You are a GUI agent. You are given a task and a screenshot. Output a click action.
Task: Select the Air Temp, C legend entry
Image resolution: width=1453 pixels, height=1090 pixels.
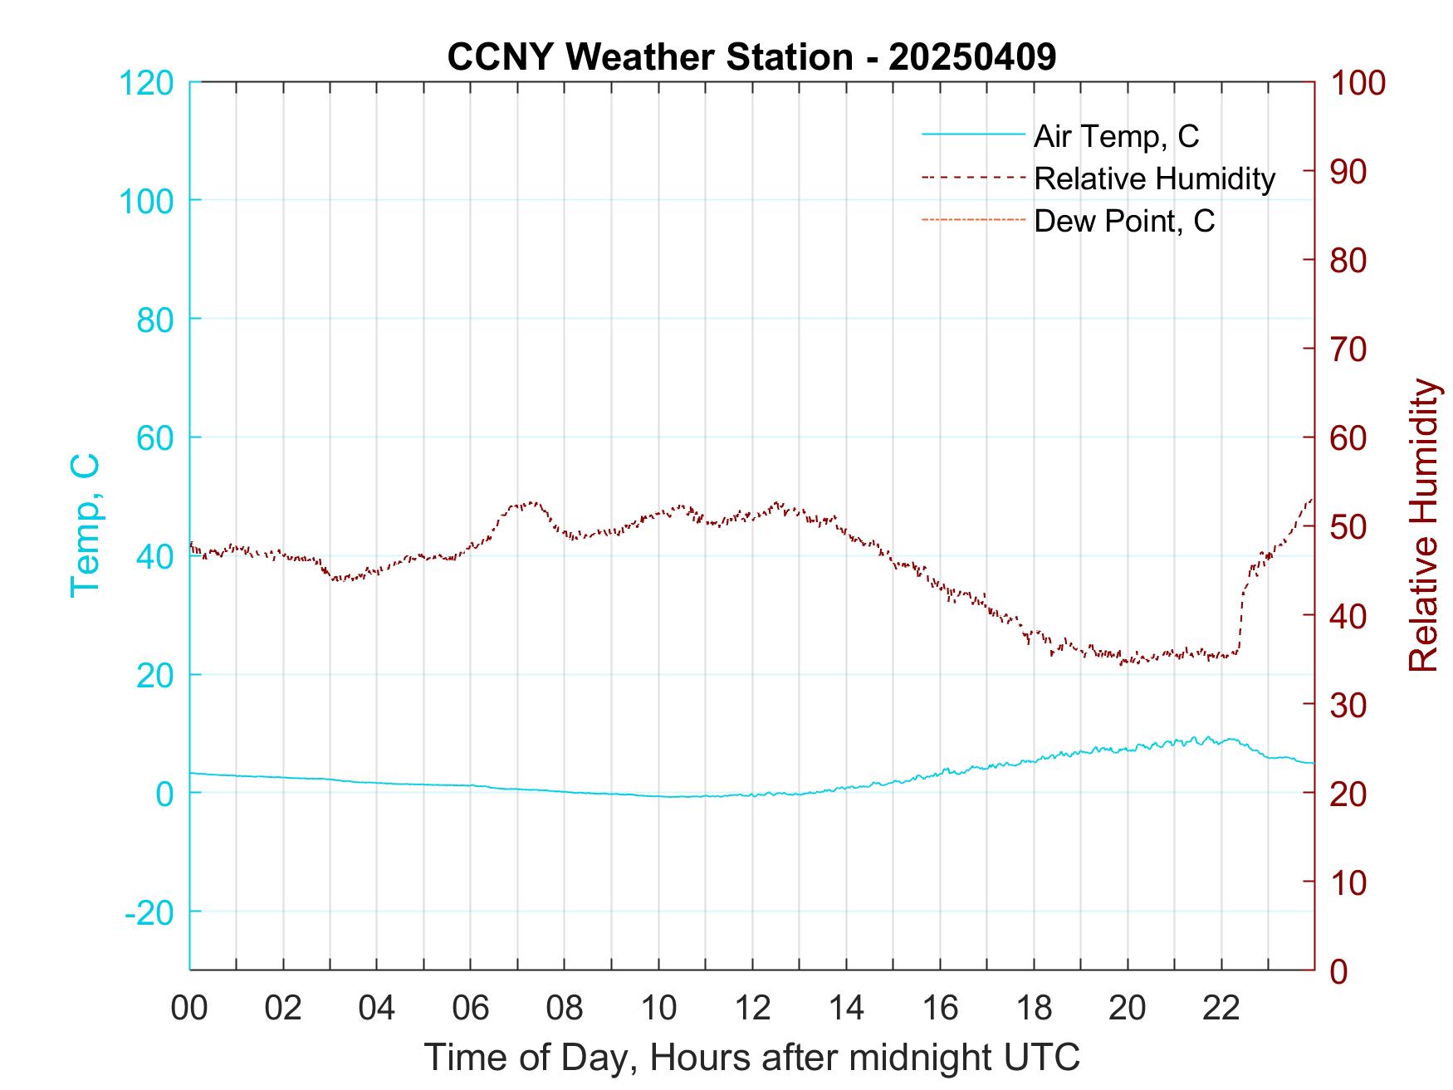pyautogui.click(x=1116, y=136)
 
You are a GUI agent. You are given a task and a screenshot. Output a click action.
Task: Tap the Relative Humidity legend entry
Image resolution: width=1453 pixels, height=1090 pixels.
pyautogui.click(x=1154, y=178)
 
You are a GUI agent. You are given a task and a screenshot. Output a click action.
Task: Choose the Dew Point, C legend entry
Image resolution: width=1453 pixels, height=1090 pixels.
pyautogui.click(x=1124, y=221)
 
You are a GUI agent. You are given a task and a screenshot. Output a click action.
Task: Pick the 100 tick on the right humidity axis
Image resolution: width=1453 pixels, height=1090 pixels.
pyautogui.click(x=1358, y=83)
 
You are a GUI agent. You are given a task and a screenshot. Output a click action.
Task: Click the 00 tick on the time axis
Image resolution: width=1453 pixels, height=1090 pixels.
pyautogui.click(x=189, y=1009)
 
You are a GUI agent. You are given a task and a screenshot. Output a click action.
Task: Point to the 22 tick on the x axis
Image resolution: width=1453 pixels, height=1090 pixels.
pyautogui.click(x=1221, y=1009)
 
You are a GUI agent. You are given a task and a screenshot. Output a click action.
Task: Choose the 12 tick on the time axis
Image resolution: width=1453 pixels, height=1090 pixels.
pyautogui.click(x=752, y=1009)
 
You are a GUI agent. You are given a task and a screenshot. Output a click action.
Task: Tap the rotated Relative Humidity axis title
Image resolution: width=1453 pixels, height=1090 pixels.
pyautogui.click(x=1423, y=525)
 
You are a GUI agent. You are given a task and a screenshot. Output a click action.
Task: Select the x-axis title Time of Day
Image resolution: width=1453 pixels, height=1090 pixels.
pyautogui.click(x=752, y=1058)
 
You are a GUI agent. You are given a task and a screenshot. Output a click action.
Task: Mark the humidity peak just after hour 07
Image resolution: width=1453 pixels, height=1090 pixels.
pyautogui.click(x=531, y=503)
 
